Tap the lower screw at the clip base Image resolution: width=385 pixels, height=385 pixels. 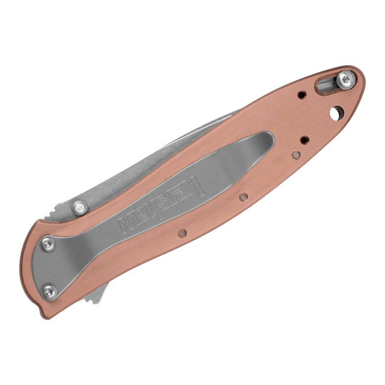pyautogui.click(x=50, y=291)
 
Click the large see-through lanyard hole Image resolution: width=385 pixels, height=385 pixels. pyautogui.click(x=337, y=112)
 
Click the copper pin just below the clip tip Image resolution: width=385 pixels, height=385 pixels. pyautogui.click(x=296, y=155)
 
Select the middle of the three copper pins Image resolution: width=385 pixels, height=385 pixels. pyautogui.click(x=243, y=197)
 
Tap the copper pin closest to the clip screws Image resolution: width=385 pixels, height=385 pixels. pyautogui.click(x=182, y=233)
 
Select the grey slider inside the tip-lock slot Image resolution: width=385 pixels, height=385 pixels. pyautogui.click(x=326, y=85)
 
